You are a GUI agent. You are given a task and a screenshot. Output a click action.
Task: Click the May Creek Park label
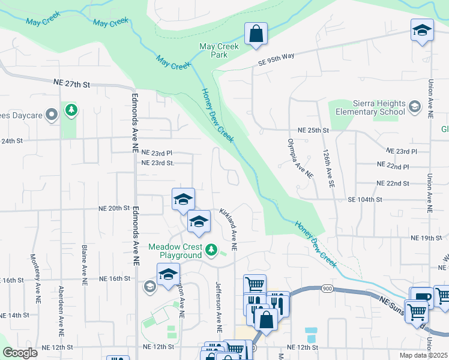(x=219, y=50)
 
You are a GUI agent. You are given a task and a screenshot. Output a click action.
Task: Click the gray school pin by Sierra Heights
(x=414, y=107)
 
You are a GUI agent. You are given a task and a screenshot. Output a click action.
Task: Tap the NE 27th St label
(x=71, y=85)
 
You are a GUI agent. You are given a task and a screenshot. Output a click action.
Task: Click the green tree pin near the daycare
(x=71, y=110)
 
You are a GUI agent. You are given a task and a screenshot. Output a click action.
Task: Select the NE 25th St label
(x=313, y=130)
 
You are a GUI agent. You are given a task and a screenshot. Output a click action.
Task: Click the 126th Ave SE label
(x=328, y=169)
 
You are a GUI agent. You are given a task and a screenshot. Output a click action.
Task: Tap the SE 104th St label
(x=364, y=199)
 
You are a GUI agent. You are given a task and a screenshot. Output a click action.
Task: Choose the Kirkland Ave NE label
(x=229, y=230)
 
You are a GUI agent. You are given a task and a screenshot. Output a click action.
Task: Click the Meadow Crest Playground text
(x=175, y=251)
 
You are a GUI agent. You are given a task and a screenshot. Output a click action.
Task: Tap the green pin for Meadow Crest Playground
(x=211, y=249)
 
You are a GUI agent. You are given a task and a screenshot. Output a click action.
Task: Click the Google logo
(x=20, y=353)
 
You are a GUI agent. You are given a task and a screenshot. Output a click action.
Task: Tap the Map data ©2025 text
(x=424, y=355)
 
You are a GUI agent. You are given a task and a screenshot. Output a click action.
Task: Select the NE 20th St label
(x=114, y=208)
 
